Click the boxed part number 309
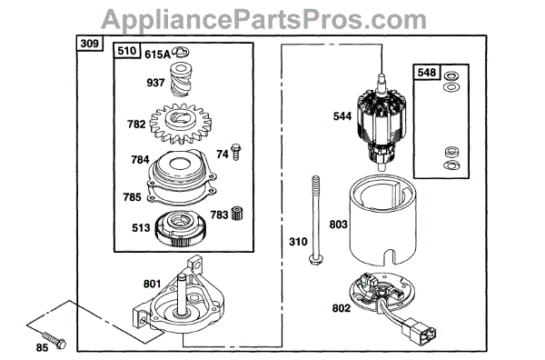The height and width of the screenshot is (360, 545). click(90, 44)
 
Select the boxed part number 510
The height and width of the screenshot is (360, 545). click(126, 50)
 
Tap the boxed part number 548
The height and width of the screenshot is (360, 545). click(427, 73)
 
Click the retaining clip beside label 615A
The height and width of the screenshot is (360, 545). click(181, 52)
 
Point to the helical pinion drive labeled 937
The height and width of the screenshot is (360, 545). click(181, 79)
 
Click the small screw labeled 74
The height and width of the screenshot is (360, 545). click(236, 152)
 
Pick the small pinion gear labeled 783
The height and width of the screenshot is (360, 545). click(238, 213)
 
